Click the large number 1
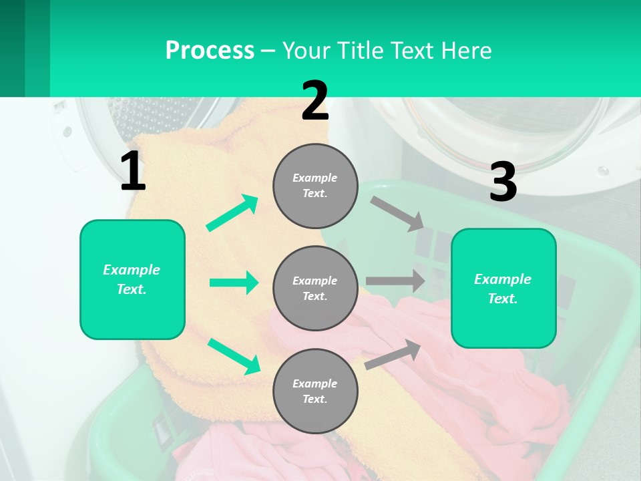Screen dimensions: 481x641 [x=133, y=172]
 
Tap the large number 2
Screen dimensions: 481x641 [x=315, y=101]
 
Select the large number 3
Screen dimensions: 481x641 [x=503, y=183]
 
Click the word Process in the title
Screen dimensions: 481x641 [x=210, y=50]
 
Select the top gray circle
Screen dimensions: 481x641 [x=315, y=186]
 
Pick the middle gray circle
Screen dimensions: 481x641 [x=315, y=288]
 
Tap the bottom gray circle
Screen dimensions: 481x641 [x=315, y=391]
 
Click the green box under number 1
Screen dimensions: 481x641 [x=132, y=279]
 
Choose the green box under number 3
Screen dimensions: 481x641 [x=503, y=288]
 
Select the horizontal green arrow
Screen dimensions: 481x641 [x=234, y=283]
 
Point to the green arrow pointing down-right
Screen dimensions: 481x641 [x=234, y=356]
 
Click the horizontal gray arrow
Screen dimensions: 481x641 [x=395, y=281]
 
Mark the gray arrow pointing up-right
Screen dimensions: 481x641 [x=393, y=354]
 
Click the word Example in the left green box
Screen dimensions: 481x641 [x=132, y=270]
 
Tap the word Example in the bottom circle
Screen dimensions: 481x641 [x=314, y=383]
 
